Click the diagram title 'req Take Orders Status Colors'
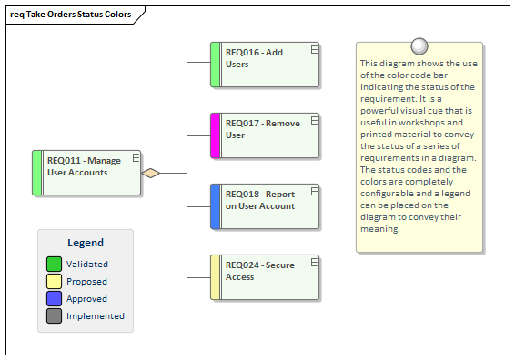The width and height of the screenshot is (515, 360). [70, 15]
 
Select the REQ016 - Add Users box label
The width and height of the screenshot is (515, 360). [254, 58]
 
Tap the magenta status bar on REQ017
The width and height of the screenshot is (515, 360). [216, 135]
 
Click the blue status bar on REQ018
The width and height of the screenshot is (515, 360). [216, 206]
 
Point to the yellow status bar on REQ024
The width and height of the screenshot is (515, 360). [216, 277]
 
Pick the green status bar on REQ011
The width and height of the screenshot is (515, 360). [37, 173]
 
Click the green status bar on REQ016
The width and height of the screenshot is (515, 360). [216, 65]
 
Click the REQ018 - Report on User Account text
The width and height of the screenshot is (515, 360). [259, 200]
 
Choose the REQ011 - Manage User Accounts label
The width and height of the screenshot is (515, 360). [84, 166]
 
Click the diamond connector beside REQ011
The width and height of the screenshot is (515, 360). [151, 173]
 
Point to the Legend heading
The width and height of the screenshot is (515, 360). [86, 243]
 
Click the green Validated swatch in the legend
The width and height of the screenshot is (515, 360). [55, 264]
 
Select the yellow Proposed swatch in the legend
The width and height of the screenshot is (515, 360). [55, 281]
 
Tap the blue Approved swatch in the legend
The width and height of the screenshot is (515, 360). [55, 298]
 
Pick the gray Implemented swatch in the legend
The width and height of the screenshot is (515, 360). [55, 315]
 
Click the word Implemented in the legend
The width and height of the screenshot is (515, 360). [95, 316]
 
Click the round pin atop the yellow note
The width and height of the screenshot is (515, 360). [419, 46]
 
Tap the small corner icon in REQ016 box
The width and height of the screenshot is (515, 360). [313, 51]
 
